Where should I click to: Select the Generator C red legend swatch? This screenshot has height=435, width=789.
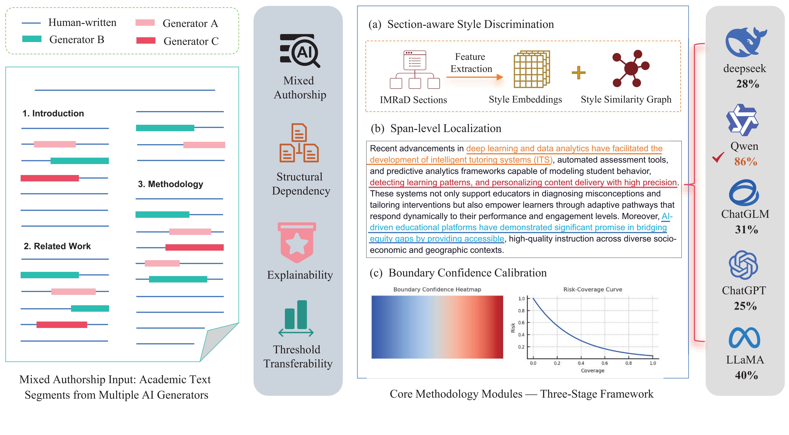146,40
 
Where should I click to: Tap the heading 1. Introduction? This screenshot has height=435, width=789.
53,113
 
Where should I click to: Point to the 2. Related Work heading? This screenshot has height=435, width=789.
57,246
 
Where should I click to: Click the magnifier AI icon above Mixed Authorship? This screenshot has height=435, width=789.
300,51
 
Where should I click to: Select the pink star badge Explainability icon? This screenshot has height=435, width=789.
296,242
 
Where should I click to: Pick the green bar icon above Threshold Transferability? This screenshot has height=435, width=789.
296,319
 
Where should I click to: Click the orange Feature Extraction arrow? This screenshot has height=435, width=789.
474,77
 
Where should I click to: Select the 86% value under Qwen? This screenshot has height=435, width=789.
746,162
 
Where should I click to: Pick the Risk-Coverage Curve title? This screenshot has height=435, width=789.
593,290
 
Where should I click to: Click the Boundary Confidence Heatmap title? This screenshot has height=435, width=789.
437,290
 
